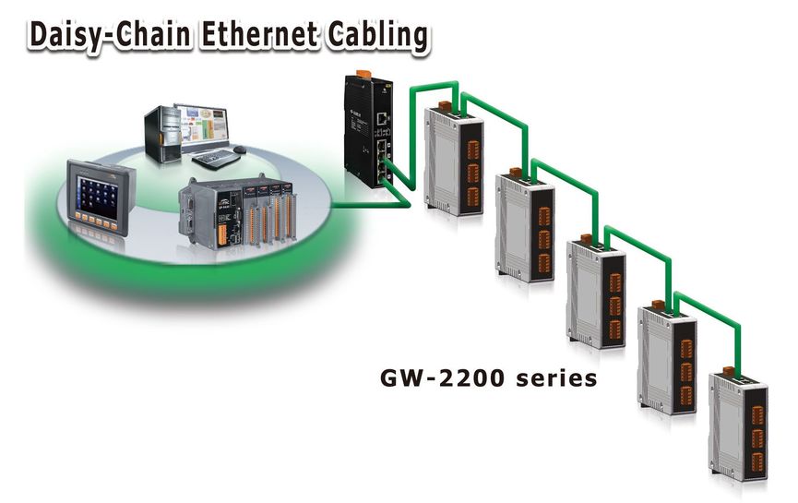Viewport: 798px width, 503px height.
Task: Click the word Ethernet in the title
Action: [259, 35]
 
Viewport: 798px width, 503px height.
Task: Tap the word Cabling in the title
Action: [377, 36]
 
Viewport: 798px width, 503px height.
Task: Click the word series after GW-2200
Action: [556, 378]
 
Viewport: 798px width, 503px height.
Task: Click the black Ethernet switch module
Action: [368, 130]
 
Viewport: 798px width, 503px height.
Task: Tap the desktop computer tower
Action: [162, 134]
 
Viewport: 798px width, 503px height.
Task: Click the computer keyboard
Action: [216, 159]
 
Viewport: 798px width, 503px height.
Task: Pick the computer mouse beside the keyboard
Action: [240, 150]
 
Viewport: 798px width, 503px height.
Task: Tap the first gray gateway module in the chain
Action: [453, 159]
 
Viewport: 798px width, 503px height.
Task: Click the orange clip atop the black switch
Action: [363, 74]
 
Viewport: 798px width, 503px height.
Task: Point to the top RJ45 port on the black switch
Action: [381, 119]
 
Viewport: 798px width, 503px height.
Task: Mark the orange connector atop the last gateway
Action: [729, 371]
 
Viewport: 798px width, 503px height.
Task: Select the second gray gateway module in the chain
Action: [525, 225]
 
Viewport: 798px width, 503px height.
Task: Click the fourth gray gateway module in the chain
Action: [667, 358]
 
